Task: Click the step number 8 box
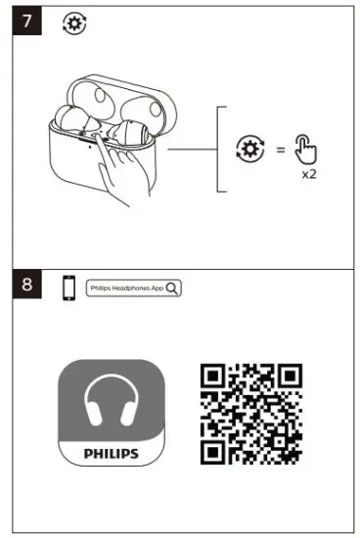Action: click(30, 288)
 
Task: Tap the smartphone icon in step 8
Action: click(68, 289)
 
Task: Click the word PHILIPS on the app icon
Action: click(112, 454)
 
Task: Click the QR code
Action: click(249, 413)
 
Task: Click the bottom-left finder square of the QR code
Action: click(213, 449)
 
